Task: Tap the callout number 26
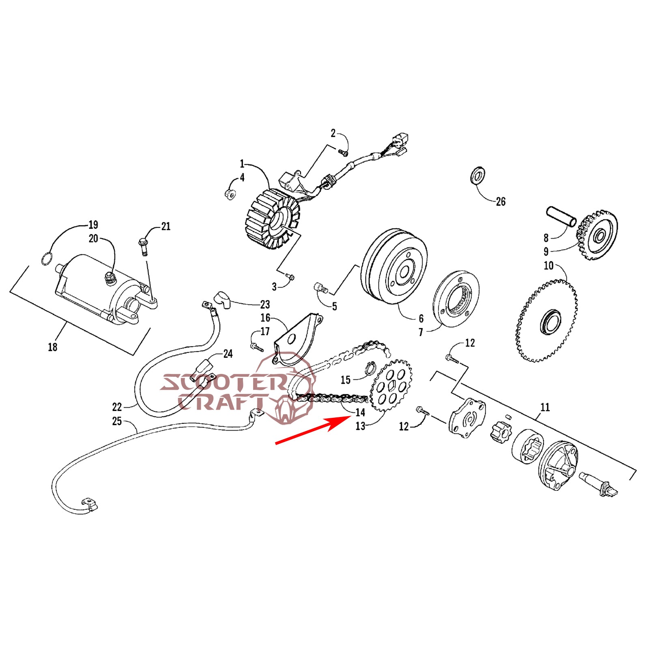(x=501, y=202)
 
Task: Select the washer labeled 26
(x=478, y=175)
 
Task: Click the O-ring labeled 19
(x=47, y=258)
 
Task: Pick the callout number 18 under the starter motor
(x=53, y=347)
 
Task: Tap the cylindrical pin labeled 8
(x=561, y=217)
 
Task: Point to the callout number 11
(x=545, y=407)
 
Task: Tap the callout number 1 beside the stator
(x=242, y=164)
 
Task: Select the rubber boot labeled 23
(x=222, y=299)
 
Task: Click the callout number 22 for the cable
(x=117, y=406)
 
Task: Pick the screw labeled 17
(x=256, y=347)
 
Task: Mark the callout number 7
(x=421, y=332)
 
